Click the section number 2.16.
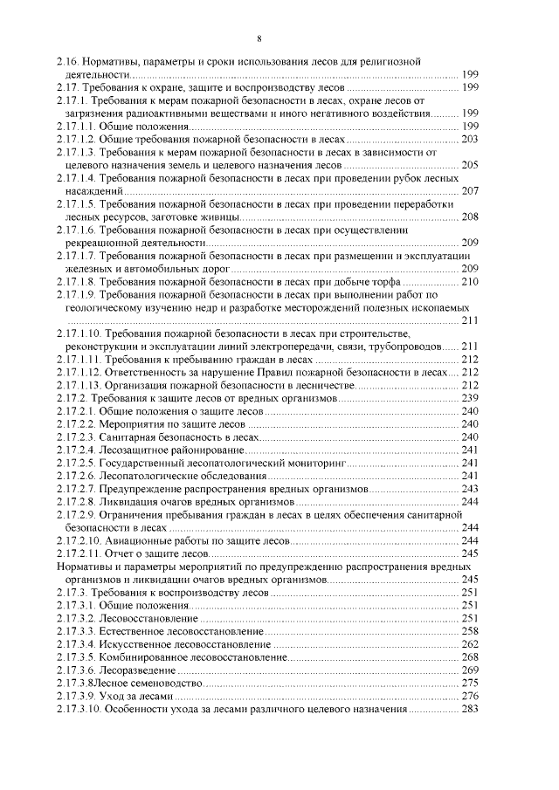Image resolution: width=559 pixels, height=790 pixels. (x=67, y=63)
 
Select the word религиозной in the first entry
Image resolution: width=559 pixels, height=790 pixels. (x=392, y=63)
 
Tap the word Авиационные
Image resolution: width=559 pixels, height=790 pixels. (x=139, y=540)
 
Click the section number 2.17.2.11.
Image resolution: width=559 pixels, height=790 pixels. (x=77, y=553)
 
